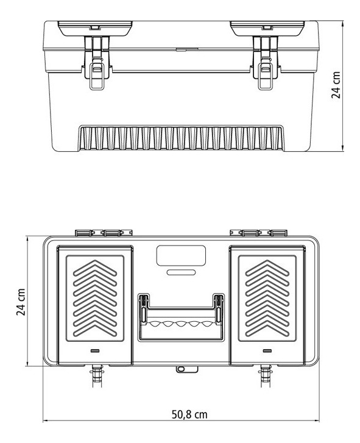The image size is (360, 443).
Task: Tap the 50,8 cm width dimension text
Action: [188, 415]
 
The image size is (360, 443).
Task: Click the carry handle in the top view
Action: [180, 317]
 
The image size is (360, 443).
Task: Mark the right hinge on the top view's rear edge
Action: [259, 232]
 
